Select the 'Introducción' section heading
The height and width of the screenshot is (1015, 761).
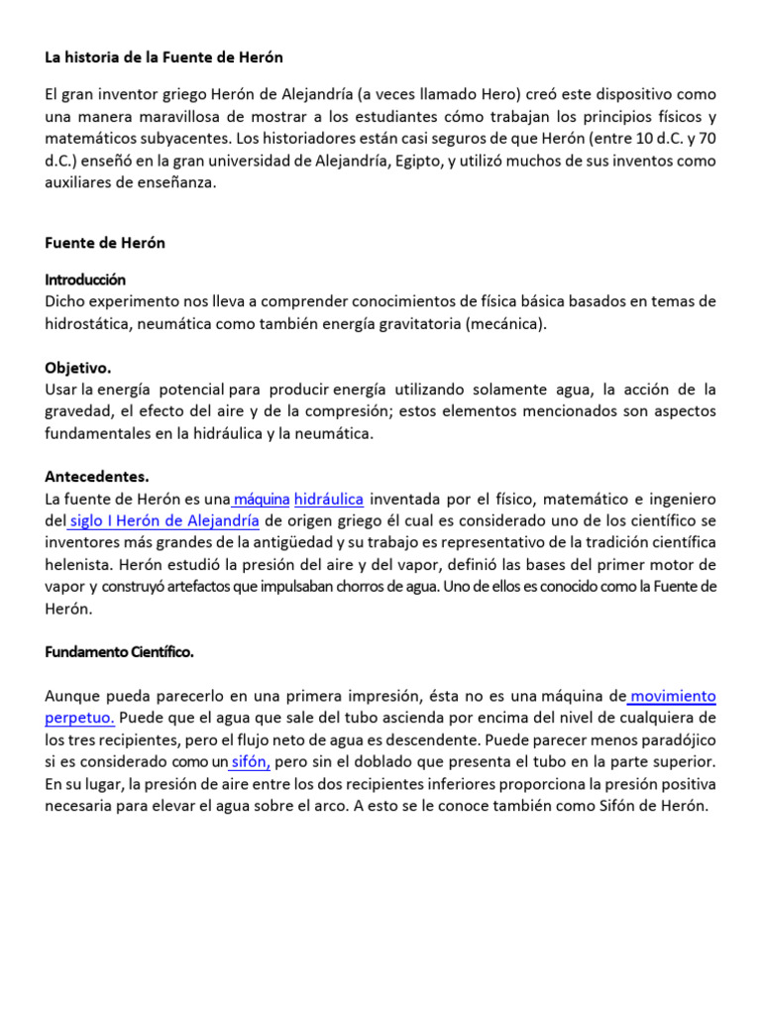85,280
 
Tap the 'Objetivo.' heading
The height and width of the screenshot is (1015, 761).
78,367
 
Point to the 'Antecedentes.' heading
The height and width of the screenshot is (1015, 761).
97,476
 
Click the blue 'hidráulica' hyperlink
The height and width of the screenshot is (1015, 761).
329,499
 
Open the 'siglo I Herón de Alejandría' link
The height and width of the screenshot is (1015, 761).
165,520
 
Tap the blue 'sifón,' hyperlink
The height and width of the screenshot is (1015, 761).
251,761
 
